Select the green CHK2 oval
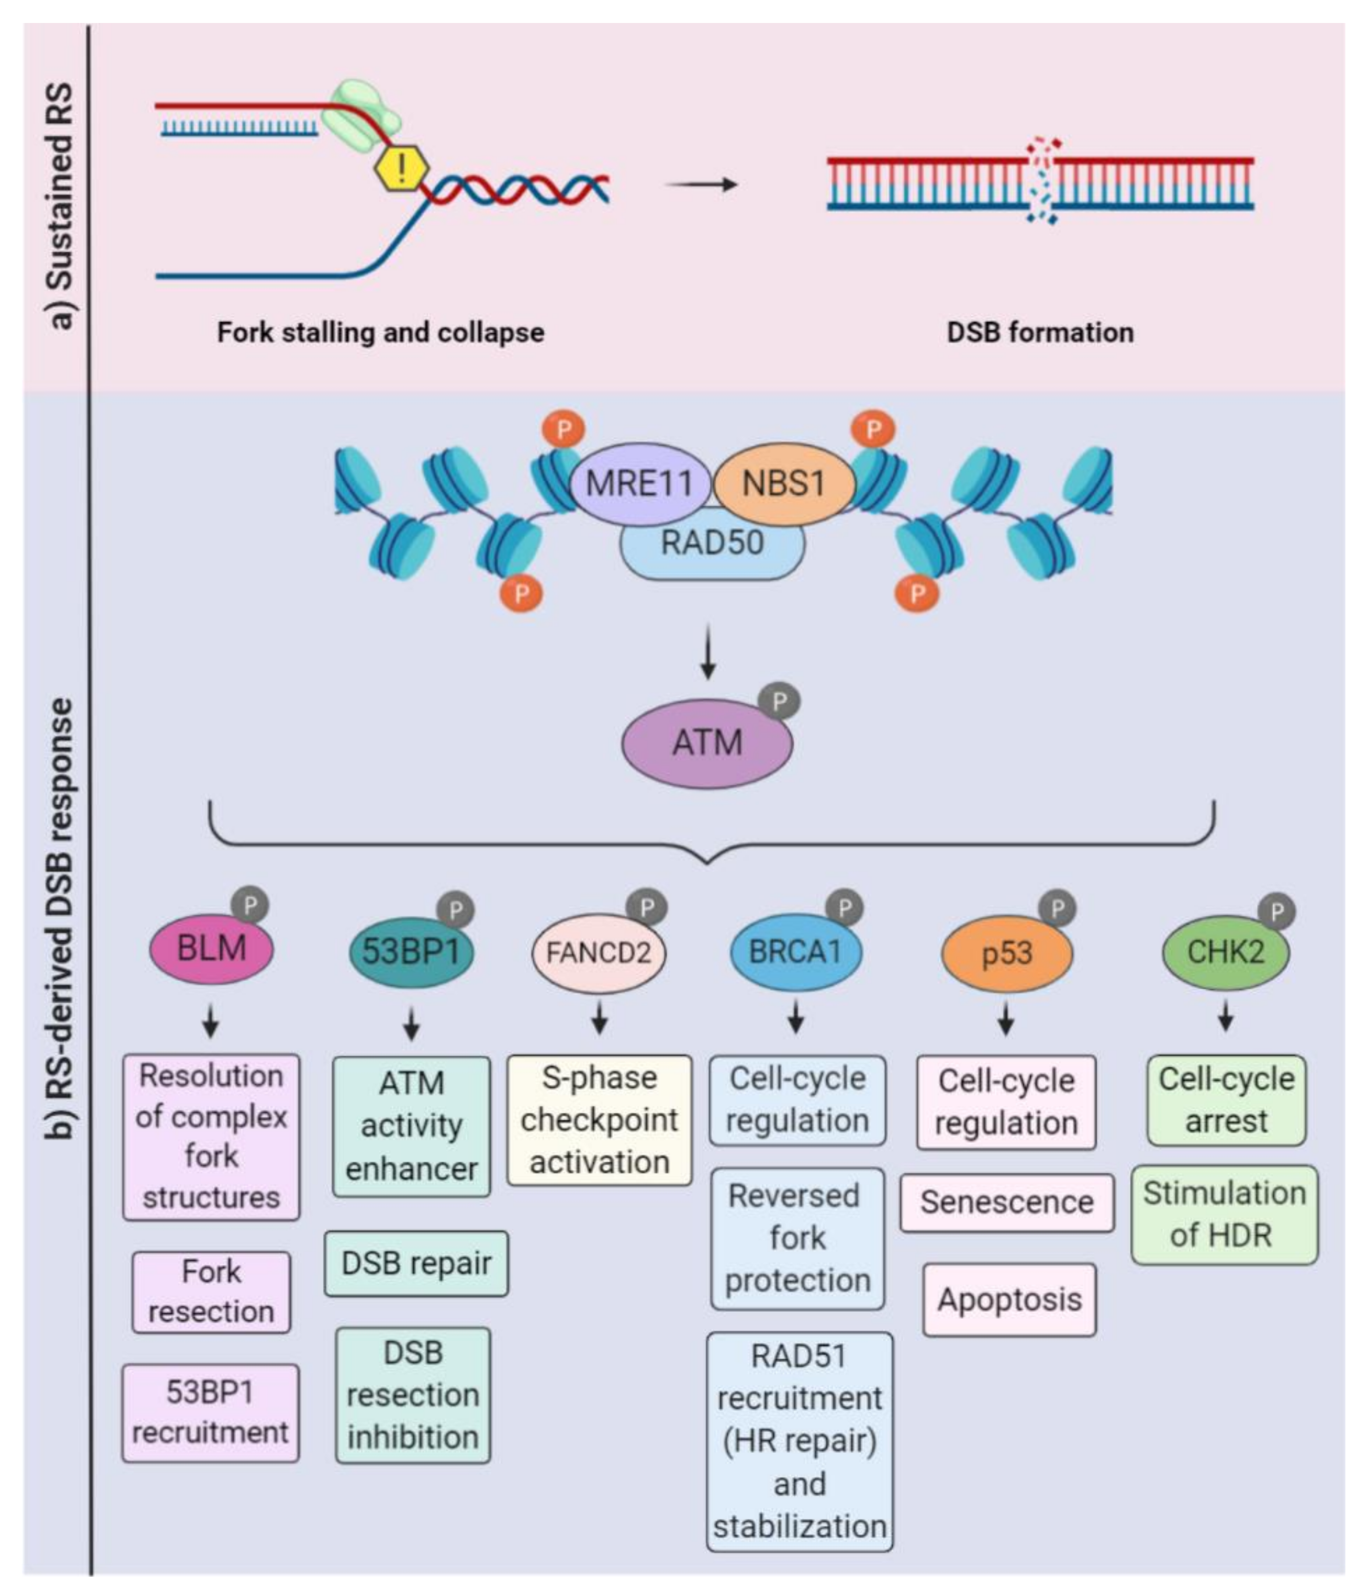[1225, 952]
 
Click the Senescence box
[1007, 1202]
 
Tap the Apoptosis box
[1009, 1300]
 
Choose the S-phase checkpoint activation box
[599, 1121]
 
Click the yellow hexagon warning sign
[401, 168]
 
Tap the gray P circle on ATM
[779, 701]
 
